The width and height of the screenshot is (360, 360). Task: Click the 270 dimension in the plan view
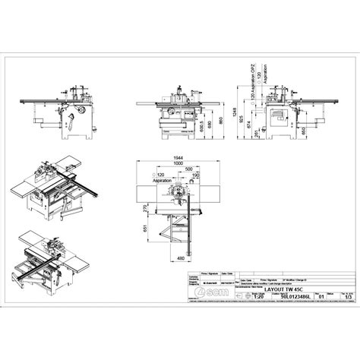point(144,208)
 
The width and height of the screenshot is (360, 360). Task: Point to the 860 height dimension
point(219,118)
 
